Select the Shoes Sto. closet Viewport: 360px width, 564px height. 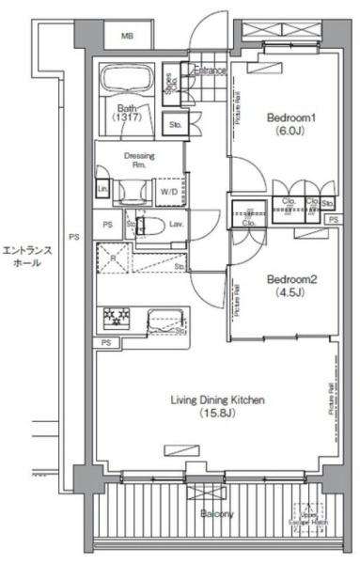coord(172,87)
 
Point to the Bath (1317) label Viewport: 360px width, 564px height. coord(128,113)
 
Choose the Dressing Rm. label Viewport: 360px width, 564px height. coord(139,161)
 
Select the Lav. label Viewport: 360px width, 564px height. coord(176,225)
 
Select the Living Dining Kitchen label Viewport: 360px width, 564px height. coord(217,400)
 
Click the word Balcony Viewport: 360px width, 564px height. coord(216,515)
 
